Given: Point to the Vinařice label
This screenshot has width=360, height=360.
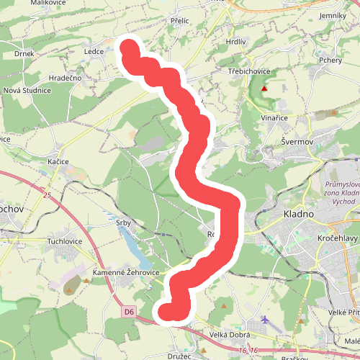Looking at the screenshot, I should [x=274, y=117].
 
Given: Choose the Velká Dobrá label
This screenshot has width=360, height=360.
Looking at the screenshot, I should [x=229, y=335].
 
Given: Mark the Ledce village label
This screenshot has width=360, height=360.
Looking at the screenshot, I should [x=94, y=52].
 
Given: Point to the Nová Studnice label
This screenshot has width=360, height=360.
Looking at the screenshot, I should [x=27, y=91].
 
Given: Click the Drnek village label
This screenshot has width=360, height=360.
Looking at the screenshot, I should [x=24, y=54].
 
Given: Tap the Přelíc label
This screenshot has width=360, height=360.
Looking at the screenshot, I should [x=179, y=21].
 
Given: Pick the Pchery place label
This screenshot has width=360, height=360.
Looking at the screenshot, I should [x=331, y=60].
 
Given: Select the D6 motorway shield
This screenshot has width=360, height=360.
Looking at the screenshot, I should [x=129, y=312].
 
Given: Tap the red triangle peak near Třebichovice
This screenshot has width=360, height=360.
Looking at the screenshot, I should [x=265, y=89].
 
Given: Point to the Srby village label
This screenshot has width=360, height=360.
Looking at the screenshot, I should [x=124, y=223].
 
